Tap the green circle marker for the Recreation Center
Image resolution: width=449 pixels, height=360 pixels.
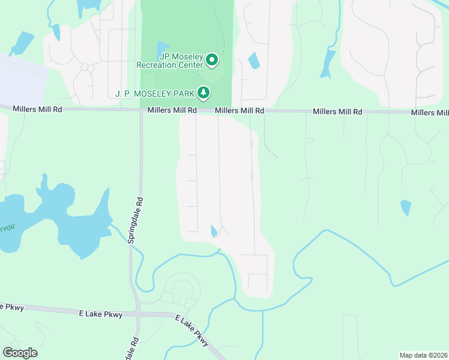[x=211, y=60]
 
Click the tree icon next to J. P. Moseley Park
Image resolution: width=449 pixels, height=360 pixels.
[x=205, y=92]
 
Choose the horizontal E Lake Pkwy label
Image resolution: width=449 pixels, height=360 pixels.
[x=100, y=314]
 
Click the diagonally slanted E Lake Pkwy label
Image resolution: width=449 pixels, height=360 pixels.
[x=192, y=330]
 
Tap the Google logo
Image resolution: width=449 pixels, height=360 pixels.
[x=20, y=353]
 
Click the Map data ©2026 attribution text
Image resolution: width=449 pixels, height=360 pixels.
[x=423, y=355]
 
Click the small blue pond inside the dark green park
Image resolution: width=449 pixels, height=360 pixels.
[x=162, y=49]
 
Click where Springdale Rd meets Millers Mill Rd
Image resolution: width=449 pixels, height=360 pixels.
[x=141, y=110]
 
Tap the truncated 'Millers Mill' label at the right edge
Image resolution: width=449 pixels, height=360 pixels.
[x=430, y=113]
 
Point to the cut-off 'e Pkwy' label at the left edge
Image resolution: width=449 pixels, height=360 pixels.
[x=11, y=307]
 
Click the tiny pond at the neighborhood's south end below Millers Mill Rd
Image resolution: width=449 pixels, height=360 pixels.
[x=214, y=231]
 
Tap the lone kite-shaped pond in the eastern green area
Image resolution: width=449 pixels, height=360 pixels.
[x=406, y=208]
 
